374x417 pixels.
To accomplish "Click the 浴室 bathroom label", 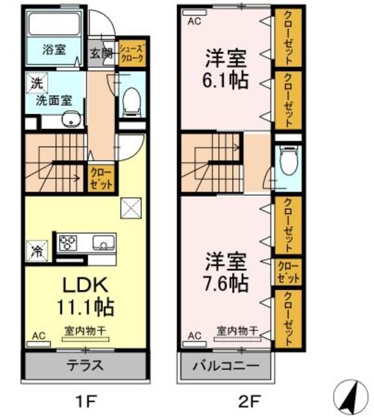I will coord(54,50).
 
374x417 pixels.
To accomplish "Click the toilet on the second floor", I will coord(287,159).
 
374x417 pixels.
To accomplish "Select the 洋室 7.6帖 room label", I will coord(226,273).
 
